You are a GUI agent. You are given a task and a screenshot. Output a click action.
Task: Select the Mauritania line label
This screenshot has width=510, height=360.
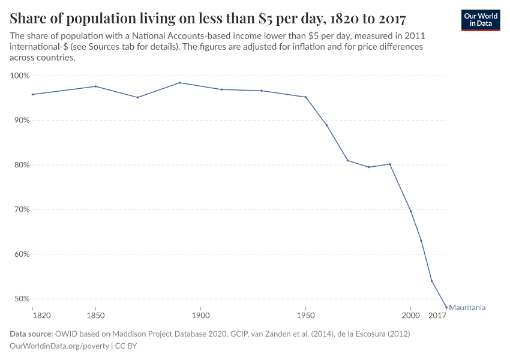coord(467,308)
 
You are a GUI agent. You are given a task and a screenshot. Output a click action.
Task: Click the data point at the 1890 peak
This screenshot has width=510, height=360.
coord(179,83)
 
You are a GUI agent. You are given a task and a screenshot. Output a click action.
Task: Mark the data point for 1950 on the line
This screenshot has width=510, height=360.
coord(305,97)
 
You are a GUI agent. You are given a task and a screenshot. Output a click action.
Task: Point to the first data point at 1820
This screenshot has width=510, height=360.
coord(32,94)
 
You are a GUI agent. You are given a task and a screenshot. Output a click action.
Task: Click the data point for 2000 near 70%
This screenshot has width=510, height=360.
coord(410,211)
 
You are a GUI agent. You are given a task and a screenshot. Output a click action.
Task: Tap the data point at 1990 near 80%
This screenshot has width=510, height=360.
coord(389,164)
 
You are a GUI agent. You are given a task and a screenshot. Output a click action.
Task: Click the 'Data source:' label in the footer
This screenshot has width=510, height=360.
coord(31,334)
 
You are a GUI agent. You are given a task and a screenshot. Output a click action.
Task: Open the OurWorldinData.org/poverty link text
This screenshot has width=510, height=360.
coord(59,346)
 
